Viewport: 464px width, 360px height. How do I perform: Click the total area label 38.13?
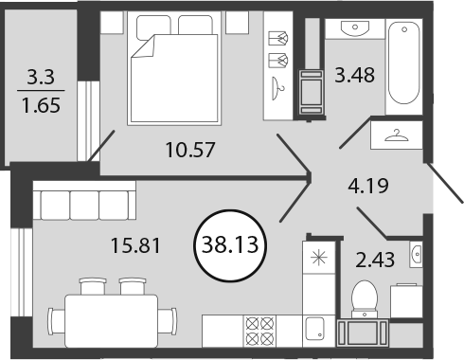230,244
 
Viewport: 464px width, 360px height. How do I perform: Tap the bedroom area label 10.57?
190,150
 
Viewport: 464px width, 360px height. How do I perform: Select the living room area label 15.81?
135,245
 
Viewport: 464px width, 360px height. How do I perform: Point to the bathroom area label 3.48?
354,75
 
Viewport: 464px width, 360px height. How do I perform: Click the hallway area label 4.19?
368,186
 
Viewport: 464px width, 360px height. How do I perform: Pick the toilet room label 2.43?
375,260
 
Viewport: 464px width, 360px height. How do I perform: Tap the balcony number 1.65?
41,105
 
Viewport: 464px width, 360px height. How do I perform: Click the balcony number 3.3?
41,77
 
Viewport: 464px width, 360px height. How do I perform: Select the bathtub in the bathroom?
403,63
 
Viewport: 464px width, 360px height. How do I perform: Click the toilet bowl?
365,298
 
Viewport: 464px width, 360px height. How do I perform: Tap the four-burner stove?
259,331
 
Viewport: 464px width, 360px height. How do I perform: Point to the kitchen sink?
315,329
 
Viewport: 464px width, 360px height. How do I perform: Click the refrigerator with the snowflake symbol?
318,258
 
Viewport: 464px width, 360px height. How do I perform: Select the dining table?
111,321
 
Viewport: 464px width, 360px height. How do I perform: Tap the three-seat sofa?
84,200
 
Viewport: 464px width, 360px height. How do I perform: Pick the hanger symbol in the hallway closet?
397,135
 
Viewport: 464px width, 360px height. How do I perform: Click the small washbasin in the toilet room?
416,254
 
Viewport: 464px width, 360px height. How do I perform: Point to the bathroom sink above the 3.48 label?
355,27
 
